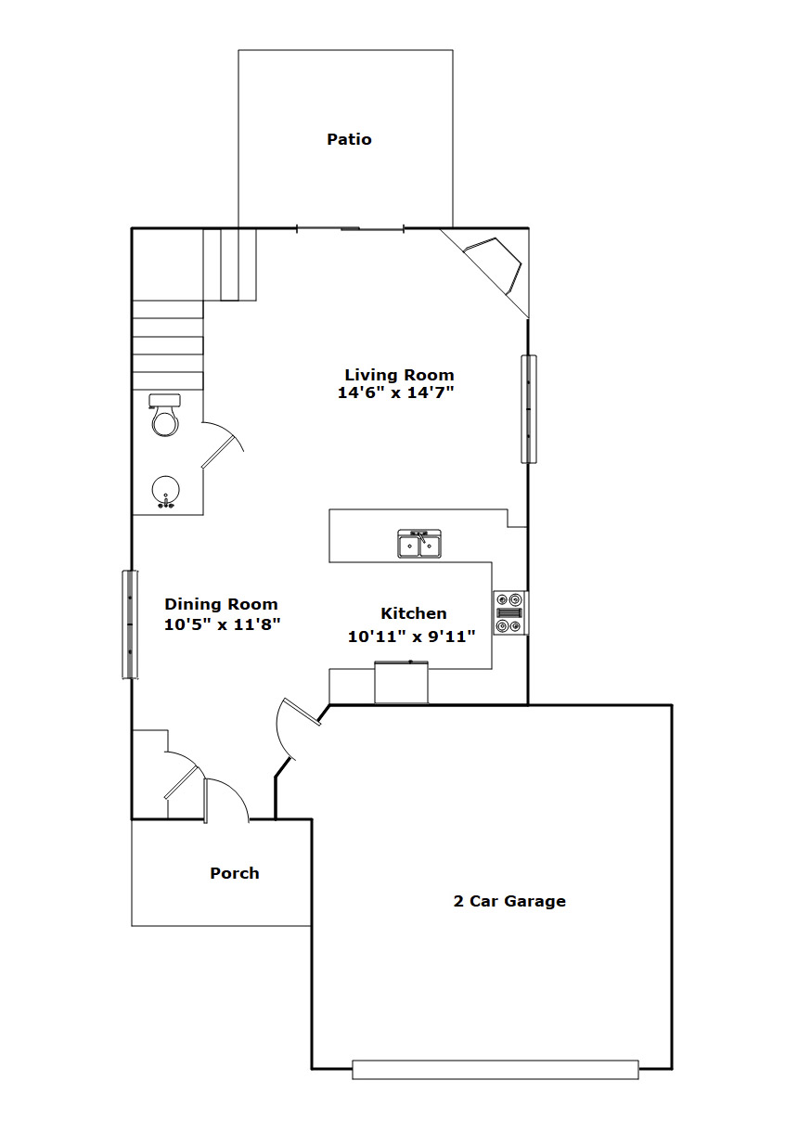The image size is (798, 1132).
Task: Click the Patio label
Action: (x=349, y=139)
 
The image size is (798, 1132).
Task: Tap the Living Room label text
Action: (x=399, y=375)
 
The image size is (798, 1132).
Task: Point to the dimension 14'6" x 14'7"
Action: (x=395, y=392)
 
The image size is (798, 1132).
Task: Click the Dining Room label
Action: (x=221, y=604)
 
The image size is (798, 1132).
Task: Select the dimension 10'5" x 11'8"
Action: (x=222, y=624)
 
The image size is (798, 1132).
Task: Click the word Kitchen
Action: (x=414, y=613)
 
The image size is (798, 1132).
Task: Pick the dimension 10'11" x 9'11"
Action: (x=411, y=637)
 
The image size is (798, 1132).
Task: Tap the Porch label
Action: (x=235, y=873)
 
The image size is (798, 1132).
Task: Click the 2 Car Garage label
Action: (x=509, y=901)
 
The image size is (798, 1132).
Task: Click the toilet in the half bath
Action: (x=165, y=416)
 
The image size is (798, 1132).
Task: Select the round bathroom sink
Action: (x=166, y=491)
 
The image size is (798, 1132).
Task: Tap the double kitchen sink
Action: (x=419, y=544)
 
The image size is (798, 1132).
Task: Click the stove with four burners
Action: (x=510, y=613)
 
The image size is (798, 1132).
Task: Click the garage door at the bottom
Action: (x=496, y=1070)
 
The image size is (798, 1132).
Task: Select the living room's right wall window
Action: (x=529, y=409)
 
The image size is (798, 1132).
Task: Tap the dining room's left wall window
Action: (x=131, y=624)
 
